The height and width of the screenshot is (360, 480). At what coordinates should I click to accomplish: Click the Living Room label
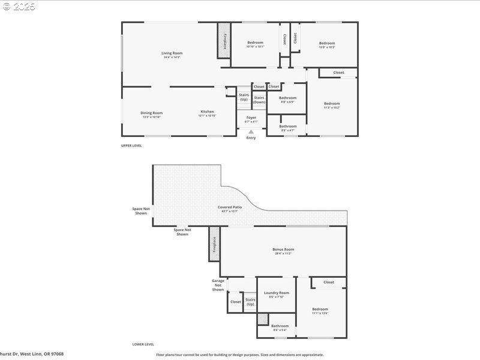coord(172,53)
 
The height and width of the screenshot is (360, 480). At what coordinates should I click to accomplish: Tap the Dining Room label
coord(151,113)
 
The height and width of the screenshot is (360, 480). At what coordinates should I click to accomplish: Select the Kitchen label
coord(207,112)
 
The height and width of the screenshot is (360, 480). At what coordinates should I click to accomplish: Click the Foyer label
coord(251,118)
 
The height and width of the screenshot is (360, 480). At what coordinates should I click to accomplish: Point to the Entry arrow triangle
coord(251,132)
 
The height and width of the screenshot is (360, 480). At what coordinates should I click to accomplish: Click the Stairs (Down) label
coord(259,100)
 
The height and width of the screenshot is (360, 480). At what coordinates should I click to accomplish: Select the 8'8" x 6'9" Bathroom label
coord(287,98)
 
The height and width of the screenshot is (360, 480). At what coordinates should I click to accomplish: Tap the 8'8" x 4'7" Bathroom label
coord(287,126)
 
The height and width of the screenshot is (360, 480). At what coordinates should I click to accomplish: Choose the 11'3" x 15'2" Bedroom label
coord(332,103)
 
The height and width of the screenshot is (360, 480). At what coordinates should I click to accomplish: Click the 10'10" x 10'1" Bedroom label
coord(255,43)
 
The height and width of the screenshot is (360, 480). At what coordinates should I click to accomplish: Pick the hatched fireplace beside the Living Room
coord(224,41)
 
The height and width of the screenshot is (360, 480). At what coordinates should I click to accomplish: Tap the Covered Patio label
coord(229,207)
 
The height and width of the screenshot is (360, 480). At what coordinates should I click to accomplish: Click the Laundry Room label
coord(276,293)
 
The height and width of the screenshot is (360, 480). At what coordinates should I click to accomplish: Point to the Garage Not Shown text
coord(218,284)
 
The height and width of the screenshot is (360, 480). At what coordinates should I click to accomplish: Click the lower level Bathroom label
coord(280,326)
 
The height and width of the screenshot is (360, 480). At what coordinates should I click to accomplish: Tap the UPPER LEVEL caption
coord(131,145)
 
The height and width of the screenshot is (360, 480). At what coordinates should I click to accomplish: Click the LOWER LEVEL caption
coord(143,344)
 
